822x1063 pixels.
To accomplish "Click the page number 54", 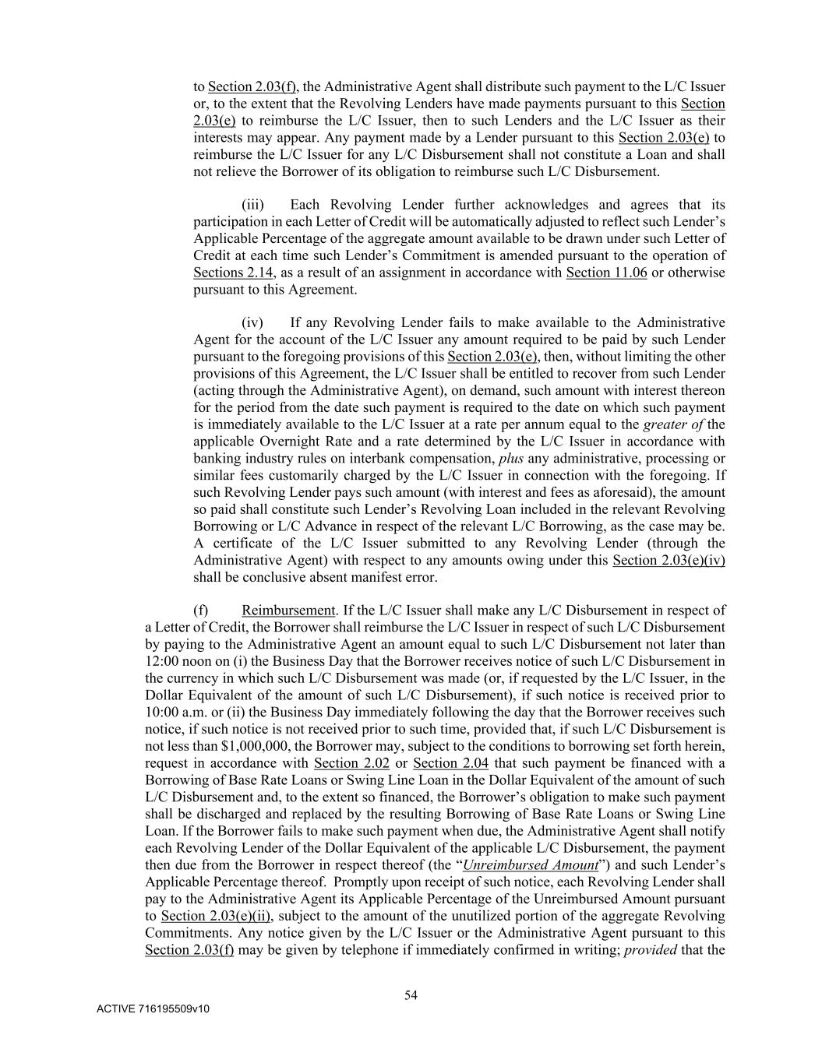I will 411,994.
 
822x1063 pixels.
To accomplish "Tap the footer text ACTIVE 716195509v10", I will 153,1009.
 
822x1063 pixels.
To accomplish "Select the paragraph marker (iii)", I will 252,205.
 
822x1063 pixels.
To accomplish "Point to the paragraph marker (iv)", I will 252,322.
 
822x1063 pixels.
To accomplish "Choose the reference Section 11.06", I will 606,273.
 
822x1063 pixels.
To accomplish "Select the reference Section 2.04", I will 450,763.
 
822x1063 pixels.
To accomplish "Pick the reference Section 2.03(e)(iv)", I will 669,561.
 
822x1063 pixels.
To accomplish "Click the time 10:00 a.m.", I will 173,712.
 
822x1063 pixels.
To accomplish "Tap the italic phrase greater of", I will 673,424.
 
